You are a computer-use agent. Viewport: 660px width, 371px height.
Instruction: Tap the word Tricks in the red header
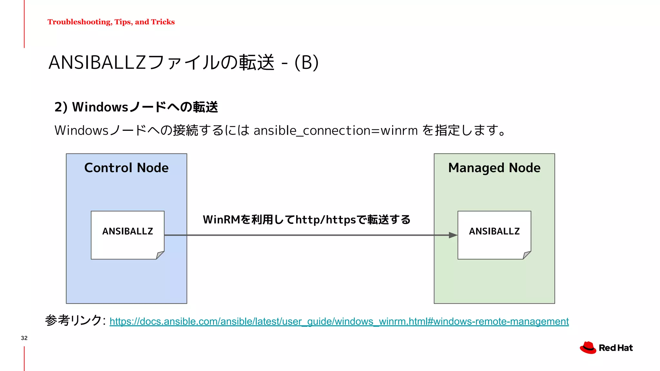[x=163, y=22]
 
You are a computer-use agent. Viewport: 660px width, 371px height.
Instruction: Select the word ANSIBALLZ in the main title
[x=97, y=62]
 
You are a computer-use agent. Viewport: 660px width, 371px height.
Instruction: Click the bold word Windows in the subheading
[x=100, y=107]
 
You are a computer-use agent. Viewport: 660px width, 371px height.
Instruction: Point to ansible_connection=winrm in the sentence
[x=335, y=130]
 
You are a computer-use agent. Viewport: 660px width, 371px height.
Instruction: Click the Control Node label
[x=126, y=168]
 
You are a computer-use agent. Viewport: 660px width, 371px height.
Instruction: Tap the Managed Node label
[x=494, y=168]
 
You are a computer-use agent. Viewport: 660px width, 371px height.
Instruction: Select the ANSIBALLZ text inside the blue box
[x=128, y=231]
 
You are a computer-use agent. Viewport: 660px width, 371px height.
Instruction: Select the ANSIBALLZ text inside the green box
[x=494, y=231]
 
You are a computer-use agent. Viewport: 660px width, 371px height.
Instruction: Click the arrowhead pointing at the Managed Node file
[x=453, y=235]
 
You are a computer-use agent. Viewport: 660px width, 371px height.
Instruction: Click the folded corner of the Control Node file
[x=160, y=255]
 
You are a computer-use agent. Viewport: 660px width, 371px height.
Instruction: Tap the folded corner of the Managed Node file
[x=527, y=255]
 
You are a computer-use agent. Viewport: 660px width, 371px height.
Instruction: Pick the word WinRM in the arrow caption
[x=221, y=220]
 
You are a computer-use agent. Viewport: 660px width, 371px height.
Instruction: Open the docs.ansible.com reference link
[x=339, y=321]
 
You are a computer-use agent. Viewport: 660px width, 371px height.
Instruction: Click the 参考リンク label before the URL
[x=74, y=320]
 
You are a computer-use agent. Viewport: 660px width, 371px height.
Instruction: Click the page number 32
[x=24, y=338]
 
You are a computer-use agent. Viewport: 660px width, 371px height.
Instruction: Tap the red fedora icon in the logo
[x=588, y=348]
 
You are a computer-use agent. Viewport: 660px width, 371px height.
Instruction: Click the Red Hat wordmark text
[x=616, y=348]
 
